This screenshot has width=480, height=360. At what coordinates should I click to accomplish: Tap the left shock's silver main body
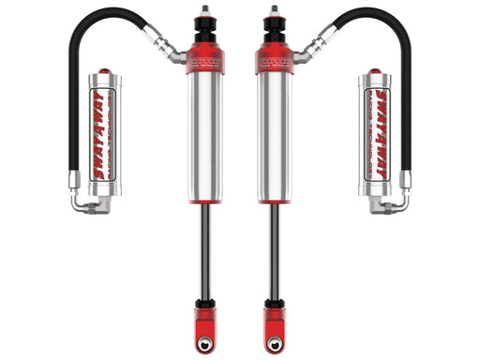coord(204,137)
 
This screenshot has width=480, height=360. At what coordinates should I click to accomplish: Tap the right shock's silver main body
coord(274,137)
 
